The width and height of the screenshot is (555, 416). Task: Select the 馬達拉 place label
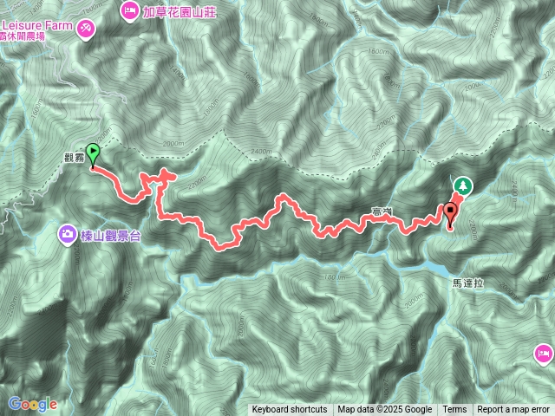point(467,283)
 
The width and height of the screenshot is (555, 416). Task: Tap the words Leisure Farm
point(36,25)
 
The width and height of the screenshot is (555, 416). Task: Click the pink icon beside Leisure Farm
point(86,28)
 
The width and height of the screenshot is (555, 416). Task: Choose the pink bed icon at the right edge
point(544,353)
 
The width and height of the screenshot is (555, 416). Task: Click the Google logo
point(32,404)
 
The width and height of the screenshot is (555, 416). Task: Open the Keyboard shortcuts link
point(289,410)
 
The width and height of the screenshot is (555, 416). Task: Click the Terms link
point(454,410)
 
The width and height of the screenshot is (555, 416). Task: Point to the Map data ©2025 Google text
point(384,410)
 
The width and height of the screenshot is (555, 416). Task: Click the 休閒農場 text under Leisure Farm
point(26,37)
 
